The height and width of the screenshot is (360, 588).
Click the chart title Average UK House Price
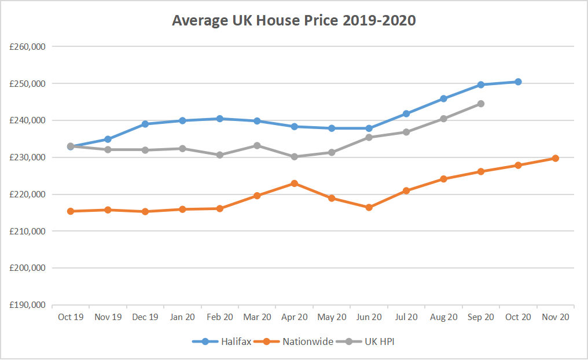(x=294, y=21)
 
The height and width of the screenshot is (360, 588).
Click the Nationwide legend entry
(x=307, y=341)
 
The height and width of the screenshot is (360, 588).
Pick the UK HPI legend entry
(x=380, y=341)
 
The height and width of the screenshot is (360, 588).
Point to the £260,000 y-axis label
(x=28, y=46)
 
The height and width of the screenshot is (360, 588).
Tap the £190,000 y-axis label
(x=28, y=305)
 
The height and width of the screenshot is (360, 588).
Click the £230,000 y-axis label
(x=28, y=157)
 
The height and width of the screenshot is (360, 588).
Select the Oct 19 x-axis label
(x=71, y=317)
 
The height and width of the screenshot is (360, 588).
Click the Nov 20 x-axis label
(x=555, y=317)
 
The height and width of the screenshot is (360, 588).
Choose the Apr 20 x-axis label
(x=294, y=317)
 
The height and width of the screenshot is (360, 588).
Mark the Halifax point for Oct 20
(x=518, y=82)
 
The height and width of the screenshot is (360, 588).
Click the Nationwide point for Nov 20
(x=555, y=158)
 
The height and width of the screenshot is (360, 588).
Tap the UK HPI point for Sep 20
(x=480, y=104)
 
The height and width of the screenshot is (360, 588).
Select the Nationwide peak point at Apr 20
(x=294, y=183)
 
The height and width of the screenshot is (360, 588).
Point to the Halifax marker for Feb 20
(x=220, y=119)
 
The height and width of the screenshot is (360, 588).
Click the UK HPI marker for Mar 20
(x=257, y=145)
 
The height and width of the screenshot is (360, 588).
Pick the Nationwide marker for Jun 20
(x=369, y=207)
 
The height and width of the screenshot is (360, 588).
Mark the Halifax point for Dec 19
(x=145, y=124)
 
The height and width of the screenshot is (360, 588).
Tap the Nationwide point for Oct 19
(x=71, y=211)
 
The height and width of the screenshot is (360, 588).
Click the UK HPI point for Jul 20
(x=406, y=132)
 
